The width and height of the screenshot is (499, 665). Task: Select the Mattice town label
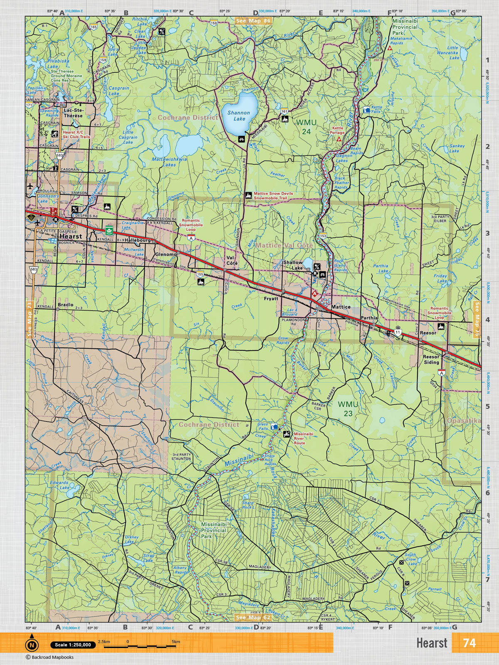tap(341, 307)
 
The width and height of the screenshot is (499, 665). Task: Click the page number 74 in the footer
tap(469, 643)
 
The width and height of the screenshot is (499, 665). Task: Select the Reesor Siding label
tap(431, 360)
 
